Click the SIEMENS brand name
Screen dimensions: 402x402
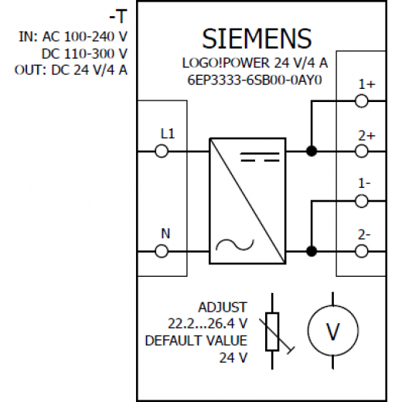(257, 39)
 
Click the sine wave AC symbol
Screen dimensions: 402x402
(235, 245)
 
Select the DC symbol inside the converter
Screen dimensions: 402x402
(260, 157)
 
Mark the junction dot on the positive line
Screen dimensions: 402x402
(312, 152)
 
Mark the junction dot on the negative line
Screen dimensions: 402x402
(312, 251)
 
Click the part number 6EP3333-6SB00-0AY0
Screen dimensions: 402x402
(254, 80)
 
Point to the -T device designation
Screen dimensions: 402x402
(118, 17)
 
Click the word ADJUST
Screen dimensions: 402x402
(223, 307)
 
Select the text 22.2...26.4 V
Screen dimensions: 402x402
(207, 324)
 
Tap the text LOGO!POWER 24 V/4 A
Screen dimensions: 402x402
(255, 63)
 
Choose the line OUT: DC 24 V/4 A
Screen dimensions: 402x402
(71, 70)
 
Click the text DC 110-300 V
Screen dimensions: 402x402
(84, 53)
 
